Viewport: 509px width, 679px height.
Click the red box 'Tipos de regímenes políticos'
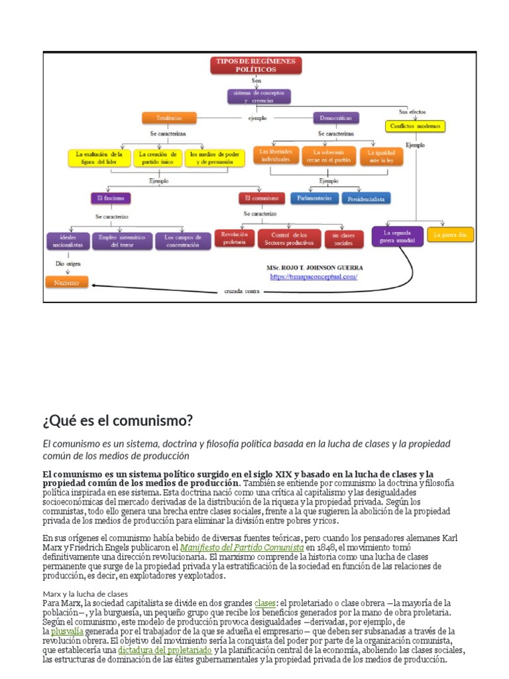click(256, 65)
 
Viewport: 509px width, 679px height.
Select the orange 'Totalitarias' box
click(160, 118)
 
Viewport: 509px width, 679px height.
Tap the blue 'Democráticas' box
click(336, 118)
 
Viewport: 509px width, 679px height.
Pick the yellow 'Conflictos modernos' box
click(415, 126)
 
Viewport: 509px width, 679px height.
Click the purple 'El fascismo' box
click(111, 198)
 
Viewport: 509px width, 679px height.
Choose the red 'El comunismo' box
click(261, 198)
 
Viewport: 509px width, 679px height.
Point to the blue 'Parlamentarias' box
click(314, 198)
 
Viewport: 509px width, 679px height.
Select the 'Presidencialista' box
click(366, 198)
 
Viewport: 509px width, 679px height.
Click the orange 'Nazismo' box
click(66, 282)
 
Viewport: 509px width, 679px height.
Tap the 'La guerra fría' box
click(450, 235)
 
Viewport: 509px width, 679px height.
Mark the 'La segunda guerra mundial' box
click(397, 237)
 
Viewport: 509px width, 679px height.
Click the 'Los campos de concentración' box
click(183, 241)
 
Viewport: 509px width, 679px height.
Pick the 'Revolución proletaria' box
click(234, 239)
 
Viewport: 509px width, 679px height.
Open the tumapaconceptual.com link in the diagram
click(313, 277)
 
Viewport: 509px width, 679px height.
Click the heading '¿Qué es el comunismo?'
click(117, 420)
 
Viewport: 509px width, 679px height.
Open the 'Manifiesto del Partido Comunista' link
click(242, 548)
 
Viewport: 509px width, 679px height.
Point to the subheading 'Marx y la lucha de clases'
click(85, 593)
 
